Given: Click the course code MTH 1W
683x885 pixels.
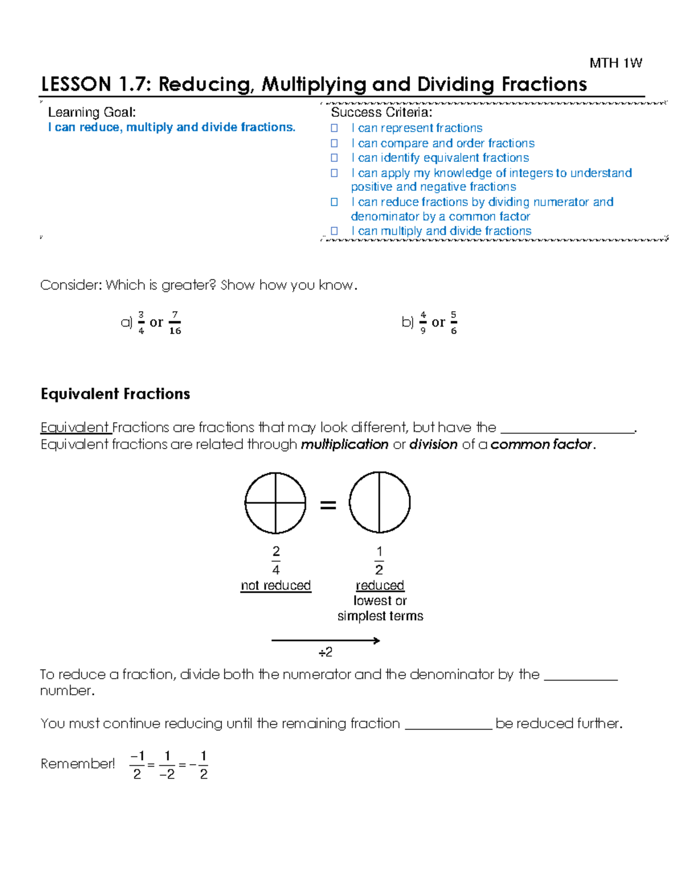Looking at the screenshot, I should click(x=615, y=63).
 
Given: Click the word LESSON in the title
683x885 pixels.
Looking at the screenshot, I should click(x=76, y=84).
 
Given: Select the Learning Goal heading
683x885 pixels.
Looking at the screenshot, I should click(x=92, y=112).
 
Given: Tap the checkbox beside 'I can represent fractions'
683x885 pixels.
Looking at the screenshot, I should click(x=335, y=128).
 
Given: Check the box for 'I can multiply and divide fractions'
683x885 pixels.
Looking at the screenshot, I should click(x=335, y=231).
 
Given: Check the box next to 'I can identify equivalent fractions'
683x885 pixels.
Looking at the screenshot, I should click(x=335, y=158).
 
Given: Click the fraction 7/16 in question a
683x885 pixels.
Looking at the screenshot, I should click(x=175, y=323).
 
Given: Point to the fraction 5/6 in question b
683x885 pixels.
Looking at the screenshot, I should click(x=454, y=323).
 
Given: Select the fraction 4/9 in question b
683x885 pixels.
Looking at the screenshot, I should click(x=423, y=323).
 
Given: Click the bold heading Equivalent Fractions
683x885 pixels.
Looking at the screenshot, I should click(x=115, y=394).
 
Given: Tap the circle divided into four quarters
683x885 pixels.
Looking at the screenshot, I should click(x=275, y=503).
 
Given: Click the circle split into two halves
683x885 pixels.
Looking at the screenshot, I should click(x=380, y=502).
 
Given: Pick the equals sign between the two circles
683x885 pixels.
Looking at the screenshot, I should click(x=328, y=505).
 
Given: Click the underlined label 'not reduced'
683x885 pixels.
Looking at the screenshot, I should click(x=275, y=585).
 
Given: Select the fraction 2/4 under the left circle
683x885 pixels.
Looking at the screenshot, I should click(x=276, y=560).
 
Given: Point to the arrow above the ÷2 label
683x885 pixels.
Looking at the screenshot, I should click(x=326, y=641).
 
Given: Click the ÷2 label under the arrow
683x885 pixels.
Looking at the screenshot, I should click(x=326, y=652).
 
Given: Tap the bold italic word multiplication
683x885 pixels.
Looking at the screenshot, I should click(x=344, y=444).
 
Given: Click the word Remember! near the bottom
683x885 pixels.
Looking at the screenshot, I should click(x=77, y=764).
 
